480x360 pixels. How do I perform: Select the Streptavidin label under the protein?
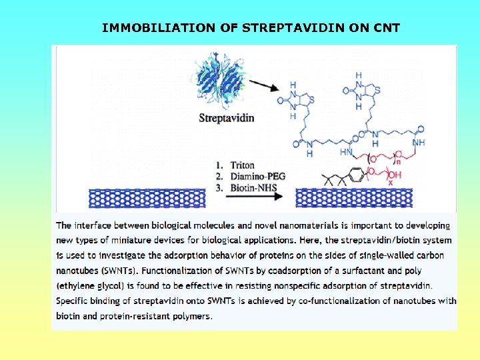227,119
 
